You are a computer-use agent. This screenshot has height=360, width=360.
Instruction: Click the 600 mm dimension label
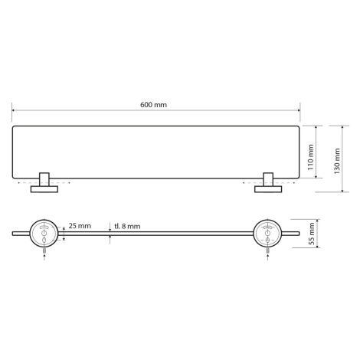click(153, 105)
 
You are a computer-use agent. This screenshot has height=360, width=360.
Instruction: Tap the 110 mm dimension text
click(310, 158)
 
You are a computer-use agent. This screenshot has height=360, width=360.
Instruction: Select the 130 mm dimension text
click(337, 161)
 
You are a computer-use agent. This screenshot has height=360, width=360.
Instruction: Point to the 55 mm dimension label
click(312, 234)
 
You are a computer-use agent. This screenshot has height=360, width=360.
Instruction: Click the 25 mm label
click(80, 226)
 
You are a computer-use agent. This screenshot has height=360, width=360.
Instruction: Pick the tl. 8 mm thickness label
click(127, 226)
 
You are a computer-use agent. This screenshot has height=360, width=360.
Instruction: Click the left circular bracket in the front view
click(44, 234)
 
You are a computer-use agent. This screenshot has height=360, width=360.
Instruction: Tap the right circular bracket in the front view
click(267, 234)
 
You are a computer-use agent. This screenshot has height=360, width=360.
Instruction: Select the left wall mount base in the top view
click(44, 189)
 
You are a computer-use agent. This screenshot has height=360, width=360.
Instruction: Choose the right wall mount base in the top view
click(268, 189)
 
